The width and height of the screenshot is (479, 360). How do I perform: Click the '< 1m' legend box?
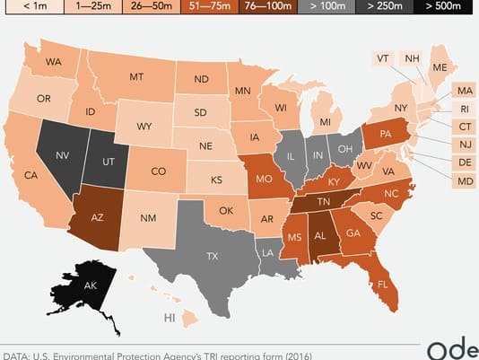click(x=29, y=8)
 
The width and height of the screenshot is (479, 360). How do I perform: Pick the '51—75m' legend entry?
click(x=268, y=8)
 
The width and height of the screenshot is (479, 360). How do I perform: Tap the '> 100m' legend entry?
click(x=328, y=8)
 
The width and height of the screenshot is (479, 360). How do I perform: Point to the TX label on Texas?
click(x=212, y=256)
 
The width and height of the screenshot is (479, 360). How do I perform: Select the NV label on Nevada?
click(x=62, y=154)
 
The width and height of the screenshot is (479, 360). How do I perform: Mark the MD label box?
click(x=465, y=181)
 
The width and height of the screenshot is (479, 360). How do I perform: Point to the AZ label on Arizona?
click(x=100, y=216)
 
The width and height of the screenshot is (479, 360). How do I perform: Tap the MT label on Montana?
click(x=136, y=77)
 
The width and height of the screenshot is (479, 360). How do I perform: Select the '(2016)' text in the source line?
click(x=295, y=354)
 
